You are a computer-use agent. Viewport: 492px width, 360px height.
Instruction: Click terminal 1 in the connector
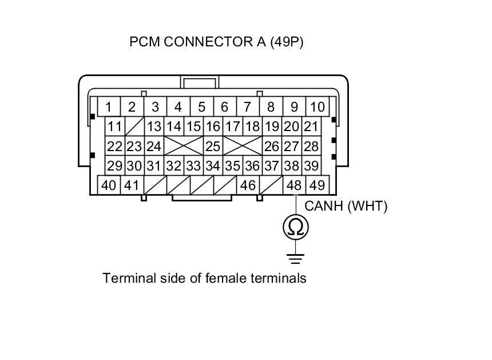(109, 107)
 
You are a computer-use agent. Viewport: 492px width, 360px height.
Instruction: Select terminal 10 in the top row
(317, 107)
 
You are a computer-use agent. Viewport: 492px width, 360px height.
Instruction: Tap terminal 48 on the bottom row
(294, 185)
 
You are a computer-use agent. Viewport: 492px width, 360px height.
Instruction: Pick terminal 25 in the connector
(213, 147)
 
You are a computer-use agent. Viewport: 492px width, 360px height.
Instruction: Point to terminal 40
(109, 185)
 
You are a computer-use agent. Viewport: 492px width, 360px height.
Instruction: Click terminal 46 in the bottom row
(248, 185)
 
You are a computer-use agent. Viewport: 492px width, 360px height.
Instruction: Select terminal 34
(213, 166)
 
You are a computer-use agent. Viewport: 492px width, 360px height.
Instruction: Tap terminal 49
(317, 185)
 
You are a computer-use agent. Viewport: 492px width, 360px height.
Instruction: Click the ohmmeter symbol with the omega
(296, 227)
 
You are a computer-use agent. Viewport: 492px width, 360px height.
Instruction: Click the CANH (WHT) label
(346, 207)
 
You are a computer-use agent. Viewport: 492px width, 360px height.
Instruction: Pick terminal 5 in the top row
(201, 107)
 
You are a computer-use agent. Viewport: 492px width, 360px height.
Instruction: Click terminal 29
(115, 166)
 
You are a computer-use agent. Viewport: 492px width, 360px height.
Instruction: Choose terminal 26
(272, 147)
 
